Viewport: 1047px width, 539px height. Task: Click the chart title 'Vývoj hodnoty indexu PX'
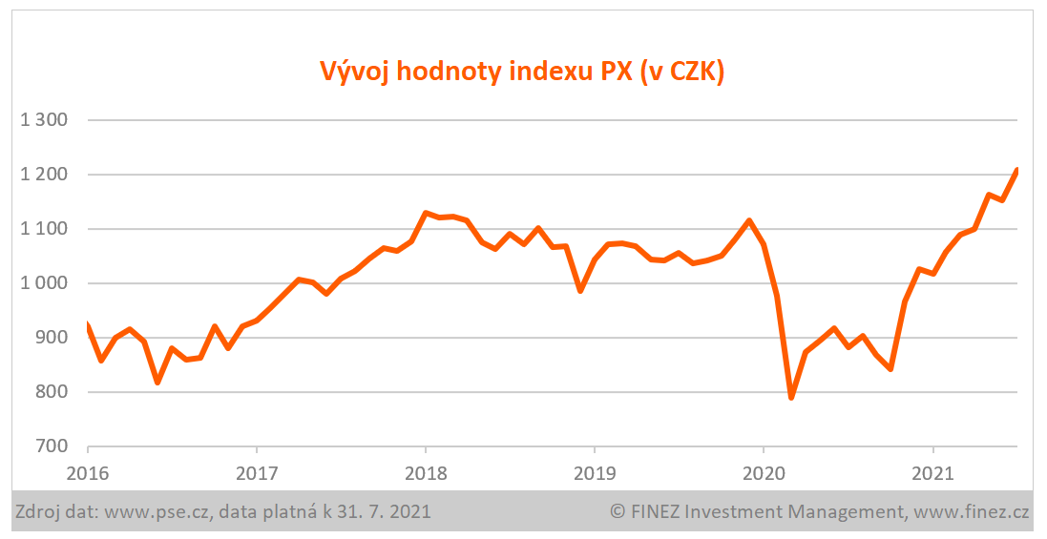[x=521, y=73]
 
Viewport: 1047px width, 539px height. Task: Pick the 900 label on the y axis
[x=52, y=338]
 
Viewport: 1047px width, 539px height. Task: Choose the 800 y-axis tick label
[x=52, y=392]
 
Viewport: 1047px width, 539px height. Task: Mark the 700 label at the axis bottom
[x=52, y=446]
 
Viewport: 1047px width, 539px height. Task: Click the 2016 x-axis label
[x=88, y=471]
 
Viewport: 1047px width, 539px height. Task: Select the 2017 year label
[x=256, y=471]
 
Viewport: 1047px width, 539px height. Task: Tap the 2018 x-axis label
[x=425, y=471]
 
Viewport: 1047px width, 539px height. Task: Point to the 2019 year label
[x=594, y=471]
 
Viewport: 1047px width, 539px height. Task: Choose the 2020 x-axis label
[x=763, y=471]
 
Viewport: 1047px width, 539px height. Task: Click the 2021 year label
[x=932, y=471]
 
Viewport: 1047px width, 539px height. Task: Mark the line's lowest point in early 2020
[x=791, y=397]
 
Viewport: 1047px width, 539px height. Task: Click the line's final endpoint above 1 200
[x=1016, y=170]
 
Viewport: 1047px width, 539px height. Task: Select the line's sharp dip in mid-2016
[x=157, y=383]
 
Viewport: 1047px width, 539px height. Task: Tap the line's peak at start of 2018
[x=426, y=213]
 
